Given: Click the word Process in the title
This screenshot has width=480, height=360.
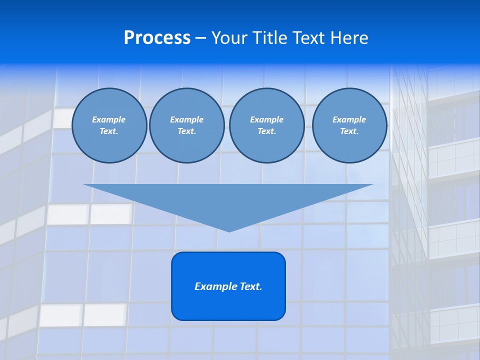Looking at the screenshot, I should pyautogui.click(x=157, y=37).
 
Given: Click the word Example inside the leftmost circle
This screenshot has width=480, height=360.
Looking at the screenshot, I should pyautogui.click(x=109, y=119).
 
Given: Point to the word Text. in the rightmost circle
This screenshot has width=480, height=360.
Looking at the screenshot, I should pyautogui.click(x=349, y=131).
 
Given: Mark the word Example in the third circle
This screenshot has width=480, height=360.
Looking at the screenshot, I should pyautogui.click(x=266, y=119).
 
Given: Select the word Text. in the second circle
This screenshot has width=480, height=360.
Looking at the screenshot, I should pyautogui.click(x=186, y=131).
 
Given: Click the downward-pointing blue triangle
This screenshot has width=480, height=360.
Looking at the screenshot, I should pyautogui.click(x=228, y=200).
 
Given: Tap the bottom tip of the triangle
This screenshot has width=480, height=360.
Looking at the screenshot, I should pyautogui.click(x=229, y=230).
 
